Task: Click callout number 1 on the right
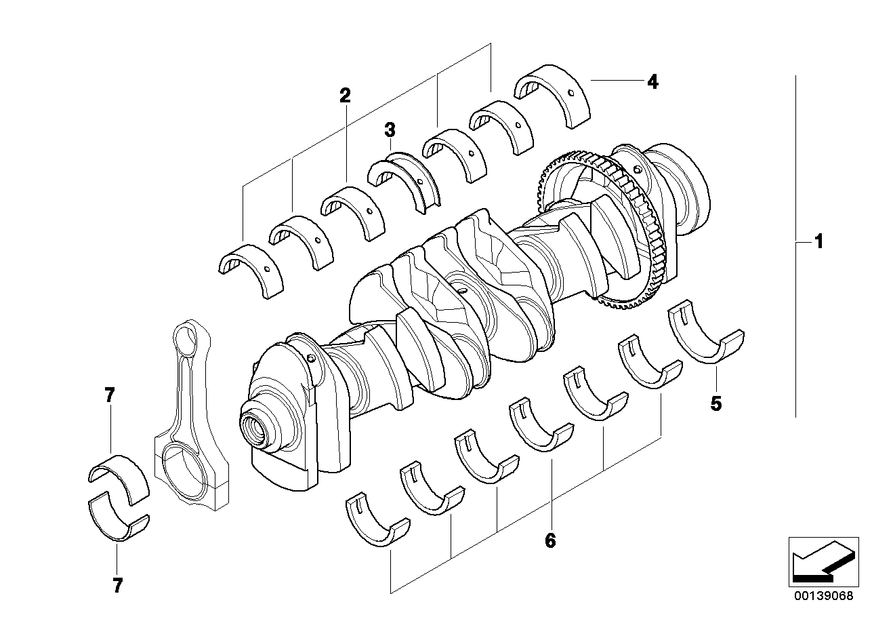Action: (x=818, y=241)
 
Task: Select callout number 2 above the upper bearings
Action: (x=345, y=96)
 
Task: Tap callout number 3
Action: (x=390, y=129)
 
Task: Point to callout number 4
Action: (x=652, y=82)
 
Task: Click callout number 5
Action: (x=715, y=404)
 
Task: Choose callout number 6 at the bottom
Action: (x=549, y=540)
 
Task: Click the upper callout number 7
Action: (x=110, y=395)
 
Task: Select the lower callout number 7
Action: (x=117, y=585)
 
